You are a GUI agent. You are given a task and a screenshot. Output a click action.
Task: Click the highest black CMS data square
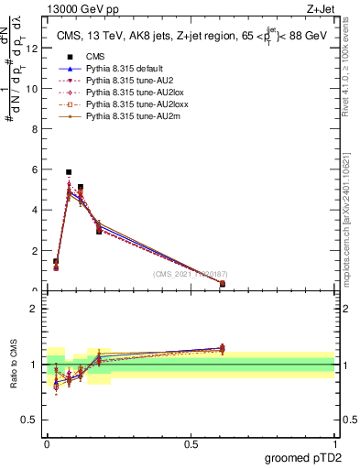[x=69, y=172]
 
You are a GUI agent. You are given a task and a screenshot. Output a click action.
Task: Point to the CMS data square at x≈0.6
[x=223, y=284]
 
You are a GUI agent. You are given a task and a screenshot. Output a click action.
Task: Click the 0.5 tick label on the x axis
[x=191, y=444]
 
